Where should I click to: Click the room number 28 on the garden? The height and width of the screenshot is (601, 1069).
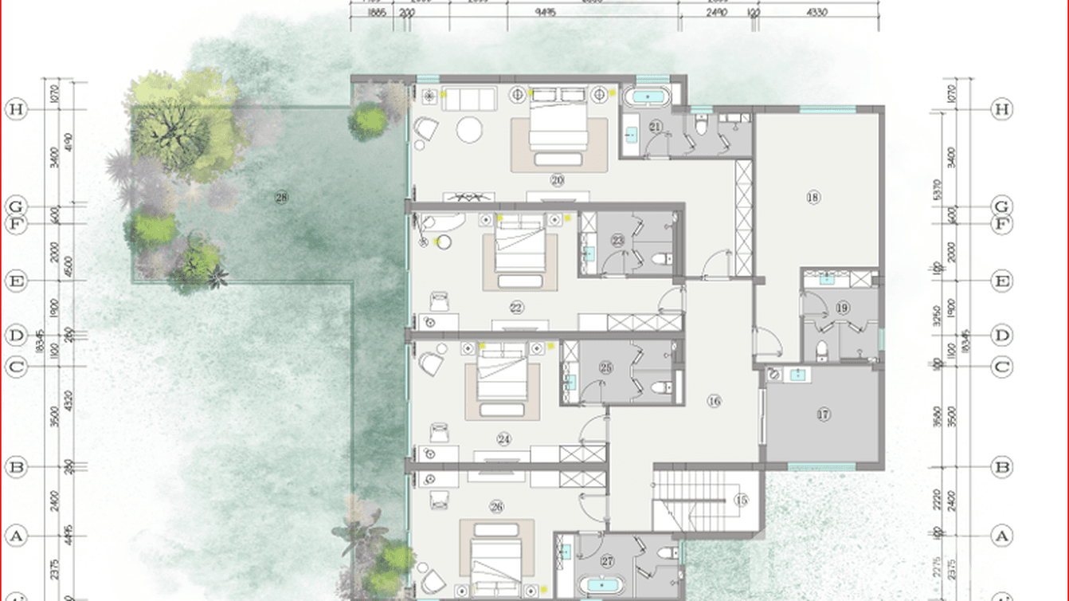click(280, 198)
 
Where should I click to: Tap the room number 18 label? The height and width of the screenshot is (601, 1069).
click(813, 198)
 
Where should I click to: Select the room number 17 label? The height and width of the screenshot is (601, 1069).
click(824, 414)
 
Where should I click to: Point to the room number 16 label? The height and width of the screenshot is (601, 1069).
click(714, 402)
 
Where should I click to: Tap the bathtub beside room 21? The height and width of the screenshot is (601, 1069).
click(646, 98)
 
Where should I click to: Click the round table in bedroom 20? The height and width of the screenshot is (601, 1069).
click(469, 129)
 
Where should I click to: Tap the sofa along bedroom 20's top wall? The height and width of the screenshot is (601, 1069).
click(469, 97)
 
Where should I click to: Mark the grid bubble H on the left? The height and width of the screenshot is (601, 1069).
click(16, 109)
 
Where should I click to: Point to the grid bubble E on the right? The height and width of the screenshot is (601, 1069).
click(1002, 281)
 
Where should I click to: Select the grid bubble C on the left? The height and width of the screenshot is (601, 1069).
click(16, 367)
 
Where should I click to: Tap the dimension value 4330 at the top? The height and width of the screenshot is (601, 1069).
click(817, 13)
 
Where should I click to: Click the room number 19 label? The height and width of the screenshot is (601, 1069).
click(843, 308)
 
